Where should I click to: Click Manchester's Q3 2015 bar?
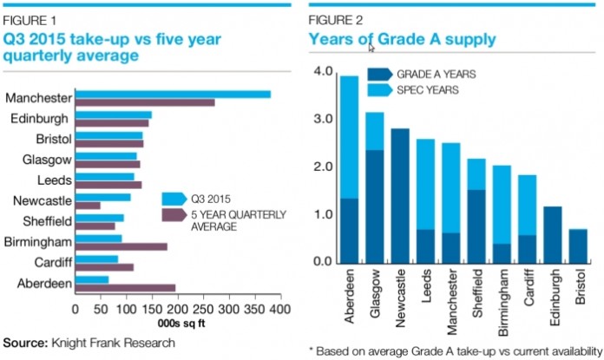coord(174,94)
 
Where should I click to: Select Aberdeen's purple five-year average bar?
coord(125,288)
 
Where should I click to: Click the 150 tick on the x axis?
coord(152,307)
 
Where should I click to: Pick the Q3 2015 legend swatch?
coord(174,198)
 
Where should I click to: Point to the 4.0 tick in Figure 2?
coord(323,71)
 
